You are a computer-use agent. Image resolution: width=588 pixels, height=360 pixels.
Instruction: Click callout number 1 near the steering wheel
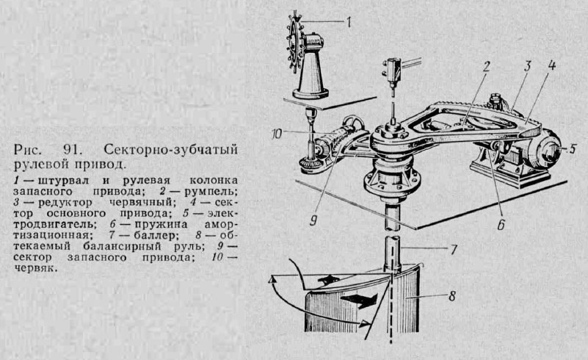pyautogui.click(x=349, y=21)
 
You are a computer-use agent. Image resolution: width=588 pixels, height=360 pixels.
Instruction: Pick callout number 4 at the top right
pyautogui.click(x=552, y=64)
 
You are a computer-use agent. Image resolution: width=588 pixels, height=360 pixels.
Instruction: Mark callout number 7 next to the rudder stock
pyautogui.click(x=454, y=251)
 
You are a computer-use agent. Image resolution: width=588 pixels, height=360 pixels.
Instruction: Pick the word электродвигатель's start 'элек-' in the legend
pyautogui.click(x=225, y=213)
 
